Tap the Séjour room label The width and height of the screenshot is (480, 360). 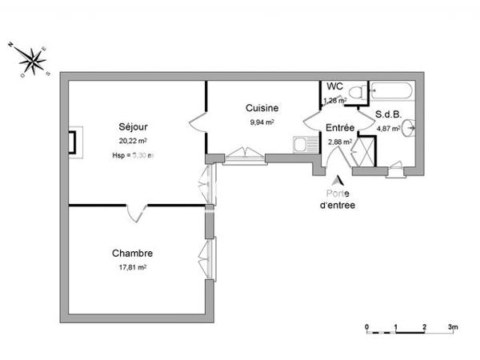click(x=132, y=126)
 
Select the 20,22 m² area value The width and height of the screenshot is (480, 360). click(x=132, y=140)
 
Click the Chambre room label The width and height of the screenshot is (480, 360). click(x=132, y=253)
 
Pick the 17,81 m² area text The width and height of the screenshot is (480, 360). click(x=132, y=267)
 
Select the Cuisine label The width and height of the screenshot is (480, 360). click(x=262, y=108)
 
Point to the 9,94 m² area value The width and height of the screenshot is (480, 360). click(x=262, y=122)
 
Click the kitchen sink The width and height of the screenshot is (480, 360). click(x=301, y=146)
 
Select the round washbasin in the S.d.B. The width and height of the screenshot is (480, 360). click(x=409, y=126)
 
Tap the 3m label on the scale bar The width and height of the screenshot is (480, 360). click(x=452, y=327)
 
